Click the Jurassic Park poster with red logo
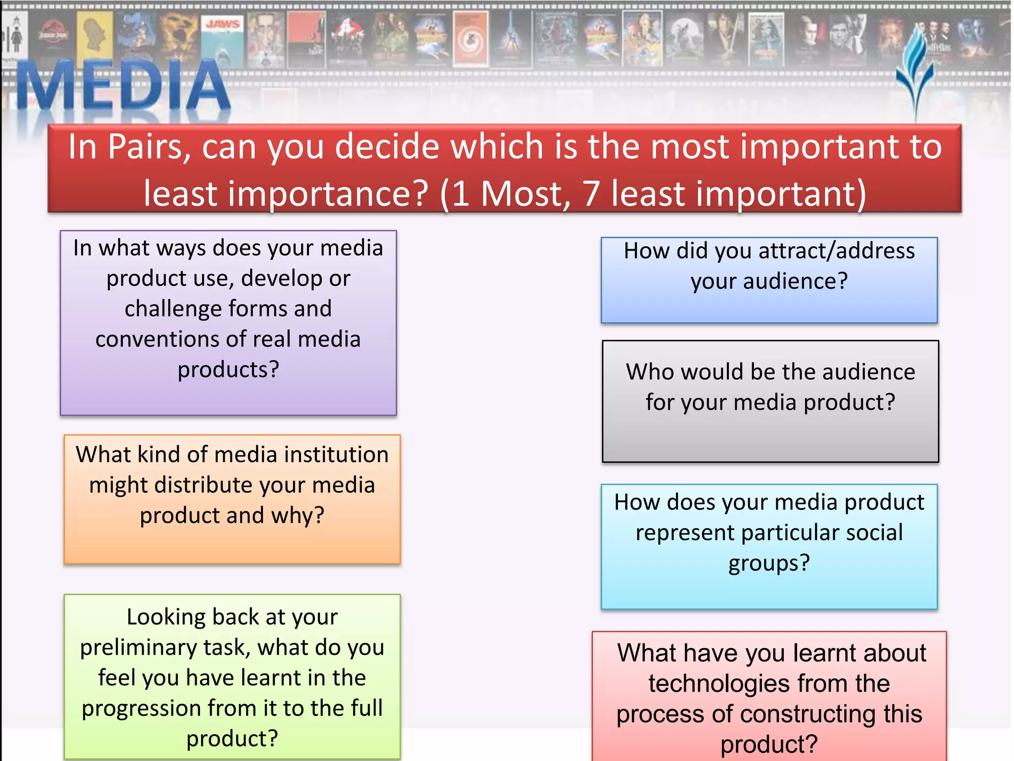(53, 38)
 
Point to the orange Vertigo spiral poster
(470, 40)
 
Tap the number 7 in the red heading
(591, 193)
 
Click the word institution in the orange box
(336, 454)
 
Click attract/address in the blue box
(836, 251)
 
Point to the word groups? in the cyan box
(769, 563)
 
